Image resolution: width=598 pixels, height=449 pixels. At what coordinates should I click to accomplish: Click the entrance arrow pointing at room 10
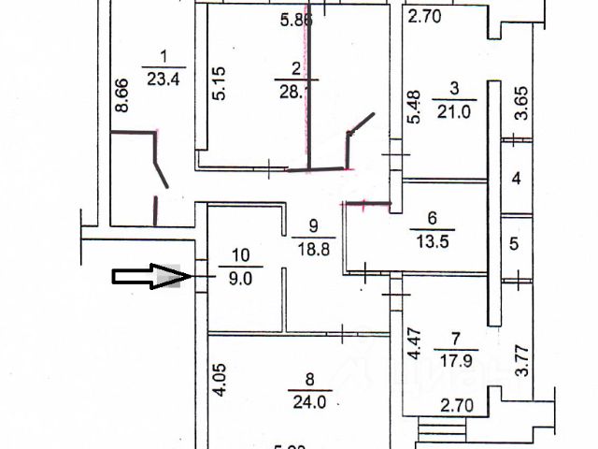pos(145,276)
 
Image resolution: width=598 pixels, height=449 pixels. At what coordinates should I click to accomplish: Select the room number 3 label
pos(454,89)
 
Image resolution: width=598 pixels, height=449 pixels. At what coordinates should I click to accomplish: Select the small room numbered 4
pos(515,178)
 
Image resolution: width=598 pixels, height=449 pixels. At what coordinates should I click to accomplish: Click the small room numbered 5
pos(514,244)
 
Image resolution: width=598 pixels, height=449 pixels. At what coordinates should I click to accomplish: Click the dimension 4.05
pos(217,382)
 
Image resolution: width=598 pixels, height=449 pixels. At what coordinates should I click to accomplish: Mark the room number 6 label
pos(432,218)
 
